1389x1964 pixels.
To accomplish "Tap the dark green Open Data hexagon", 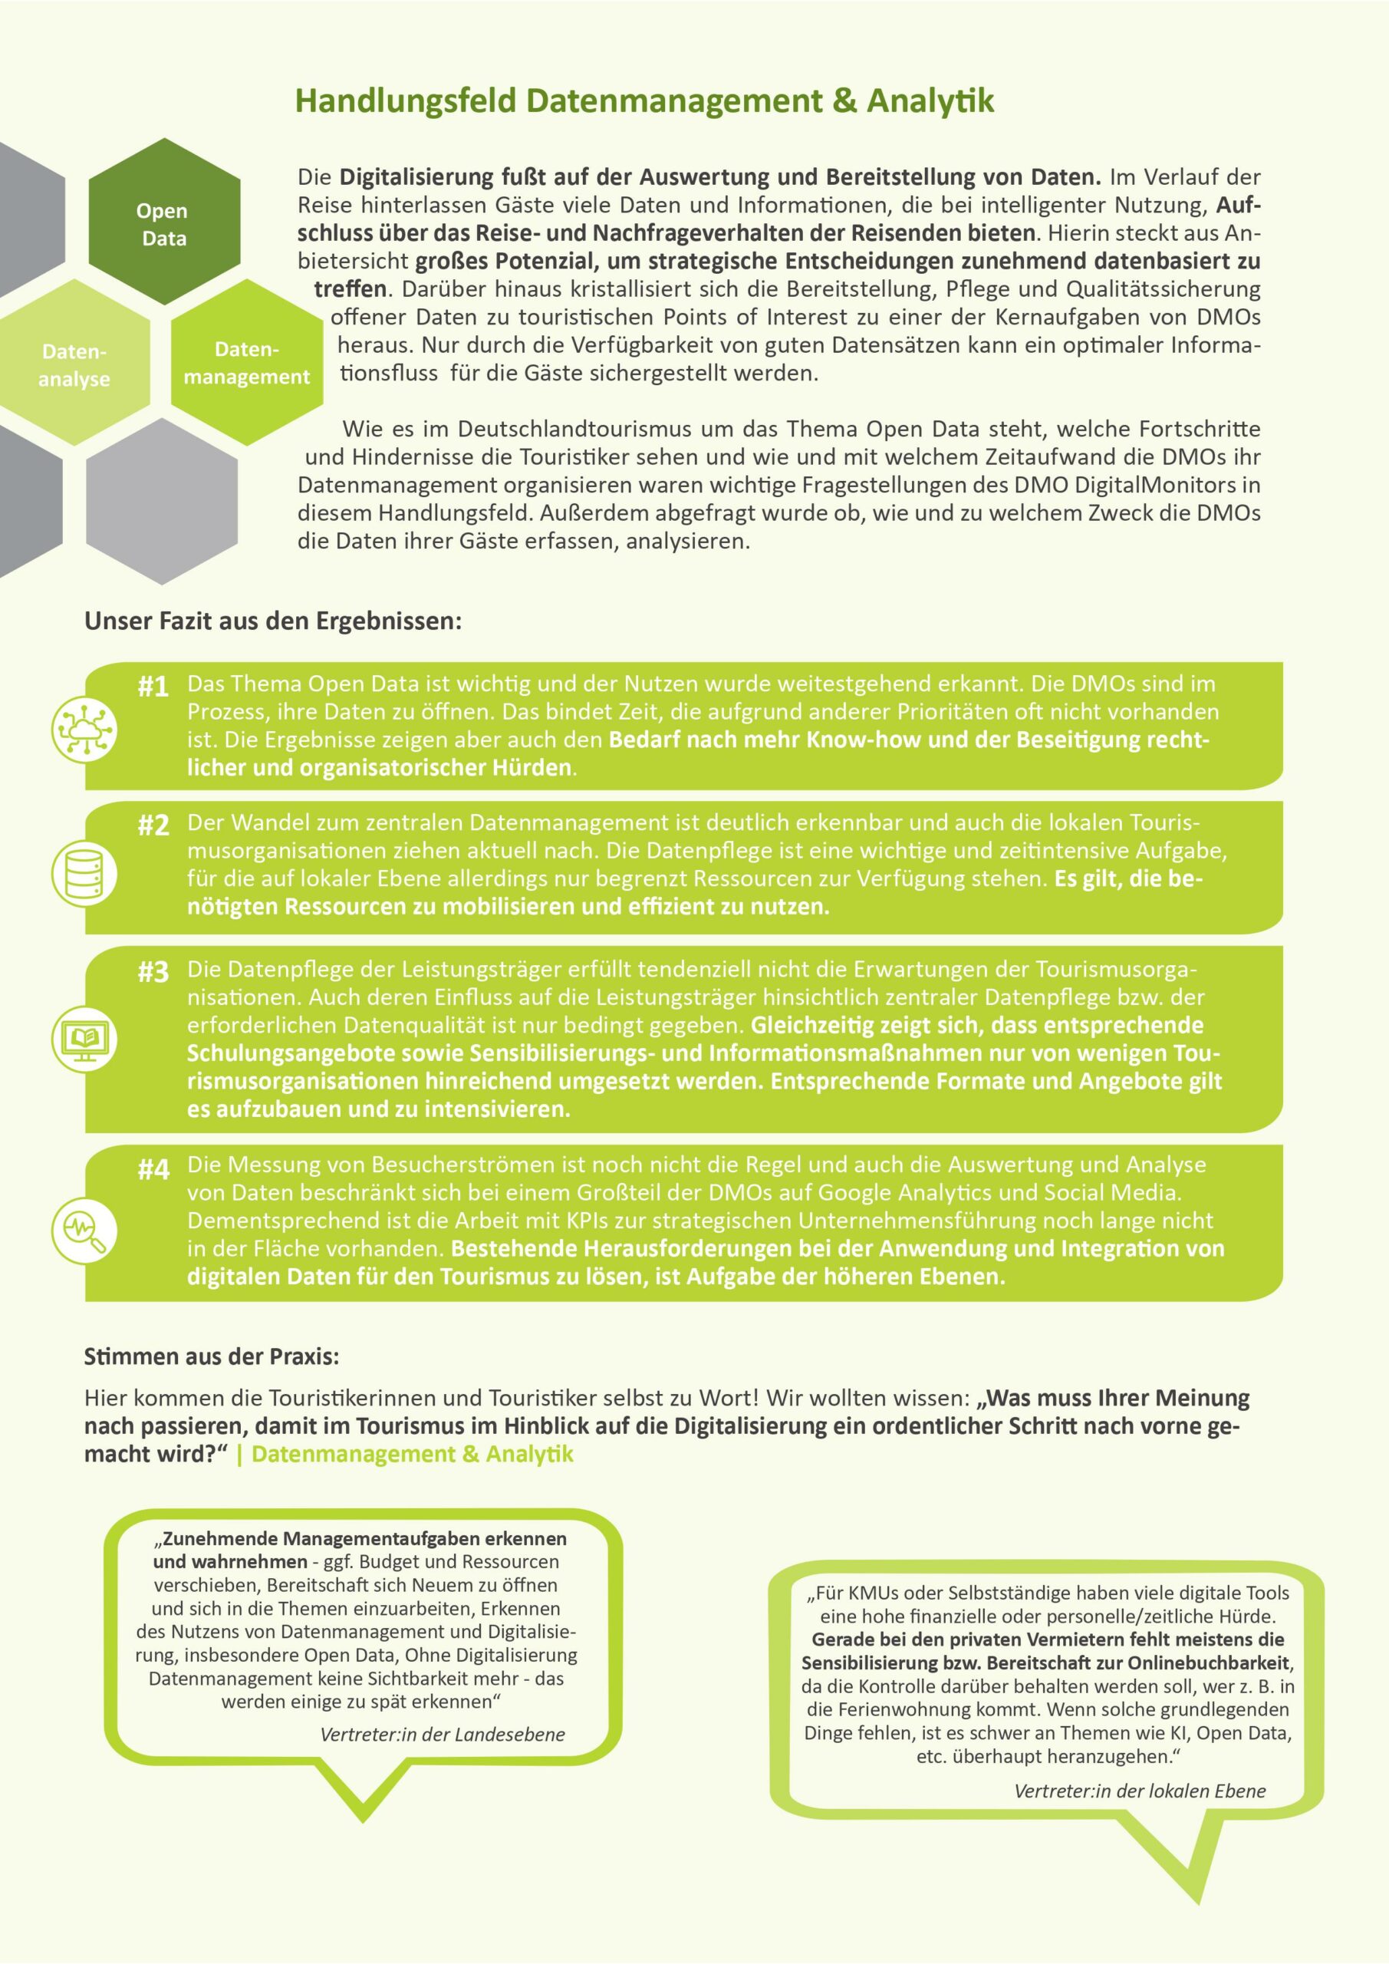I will tap(163, 223).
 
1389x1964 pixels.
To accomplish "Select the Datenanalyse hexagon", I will tap(74, 364).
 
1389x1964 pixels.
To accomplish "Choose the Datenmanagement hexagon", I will tap(246, 363).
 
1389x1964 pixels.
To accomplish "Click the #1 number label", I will tap(153, 687).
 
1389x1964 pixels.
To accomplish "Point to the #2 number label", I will tap(153, 826).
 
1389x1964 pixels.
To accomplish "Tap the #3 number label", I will tap(153, 973).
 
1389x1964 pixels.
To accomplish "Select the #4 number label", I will tap(153, 1169).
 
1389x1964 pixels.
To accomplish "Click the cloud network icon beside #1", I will tap(84, 729).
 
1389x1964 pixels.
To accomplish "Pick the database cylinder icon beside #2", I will tap(84, 873).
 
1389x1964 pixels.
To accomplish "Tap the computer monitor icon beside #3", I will tap(84, 1040).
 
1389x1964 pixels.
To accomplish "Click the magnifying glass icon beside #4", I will tap(84, 1229).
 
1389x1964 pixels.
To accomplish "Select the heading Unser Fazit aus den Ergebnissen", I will tap(272, 621).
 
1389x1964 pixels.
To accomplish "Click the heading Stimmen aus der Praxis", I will tap(211, 1356).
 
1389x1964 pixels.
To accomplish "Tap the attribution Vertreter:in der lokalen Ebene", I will tap(1139, 1791).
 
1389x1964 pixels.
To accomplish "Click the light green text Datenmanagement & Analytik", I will tap(413, 1454).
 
